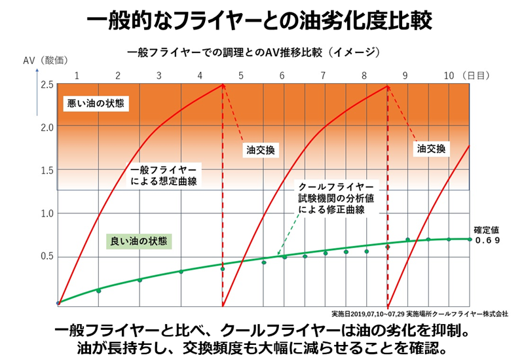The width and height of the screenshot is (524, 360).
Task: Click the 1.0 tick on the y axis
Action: [x=47, y=213]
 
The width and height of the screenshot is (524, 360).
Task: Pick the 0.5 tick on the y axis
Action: [x=47, y=256]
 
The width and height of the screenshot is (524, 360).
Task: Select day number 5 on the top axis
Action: [x=241, y=75]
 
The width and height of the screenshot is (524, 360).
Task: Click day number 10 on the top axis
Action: [x=449, y=75]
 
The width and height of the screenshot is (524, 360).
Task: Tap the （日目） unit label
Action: [x=477, y=75]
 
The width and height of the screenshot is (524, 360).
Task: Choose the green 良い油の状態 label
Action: [x=138, y=240]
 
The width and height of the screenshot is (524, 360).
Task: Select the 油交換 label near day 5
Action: [x=259, y=150]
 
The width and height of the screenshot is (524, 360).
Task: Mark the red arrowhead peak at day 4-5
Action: [x=223, y=85]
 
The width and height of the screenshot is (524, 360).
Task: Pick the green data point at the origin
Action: [x=58, y=303]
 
